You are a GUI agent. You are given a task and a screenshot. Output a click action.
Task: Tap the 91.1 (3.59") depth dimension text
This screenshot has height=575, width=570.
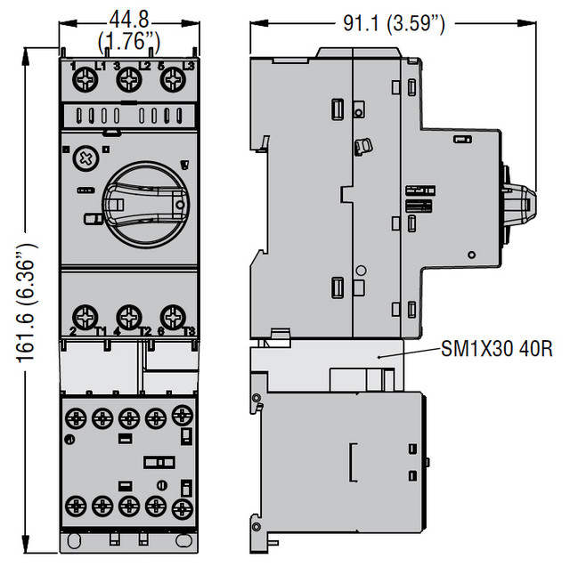394,23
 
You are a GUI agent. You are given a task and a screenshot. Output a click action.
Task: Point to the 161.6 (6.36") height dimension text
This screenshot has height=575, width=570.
27,303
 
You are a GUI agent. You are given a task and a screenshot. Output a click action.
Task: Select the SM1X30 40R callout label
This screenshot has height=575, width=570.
497,348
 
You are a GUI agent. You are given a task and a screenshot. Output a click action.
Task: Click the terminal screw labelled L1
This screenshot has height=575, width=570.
85,79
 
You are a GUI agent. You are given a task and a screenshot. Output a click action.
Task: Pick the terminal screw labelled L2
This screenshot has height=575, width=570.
129,79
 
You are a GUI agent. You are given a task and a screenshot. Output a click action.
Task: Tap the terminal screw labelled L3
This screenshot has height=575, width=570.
173,79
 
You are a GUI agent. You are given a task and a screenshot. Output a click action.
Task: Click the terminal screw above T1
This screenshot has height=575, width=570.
85,317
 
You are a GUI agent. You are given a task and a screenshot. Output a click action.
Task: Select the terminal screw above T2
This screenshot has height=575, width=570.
129,317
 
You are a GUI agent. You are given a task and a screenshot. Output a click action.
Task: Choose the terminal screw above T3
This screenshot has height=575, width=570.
173,317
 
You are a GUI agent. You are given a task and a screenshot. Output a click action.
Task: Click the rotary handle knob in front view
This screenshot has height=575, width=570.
146,205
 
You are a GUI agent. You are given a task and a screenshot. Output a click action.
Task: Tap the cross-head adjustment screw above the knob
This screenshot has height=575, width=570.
86,158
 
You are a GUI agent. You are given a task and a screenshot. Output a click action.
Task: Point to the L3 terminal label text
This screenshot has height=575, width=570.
189,66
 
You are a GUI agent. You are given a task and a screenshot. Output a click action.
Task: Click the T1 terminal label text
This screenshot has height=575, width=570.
101,331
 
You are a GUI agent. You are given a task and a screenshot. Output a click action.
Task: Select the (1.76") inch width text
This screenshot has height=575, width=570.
129,41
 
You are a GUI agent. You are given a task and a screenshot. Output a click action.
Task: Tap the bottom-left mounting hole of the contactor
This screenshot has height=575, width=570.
73,540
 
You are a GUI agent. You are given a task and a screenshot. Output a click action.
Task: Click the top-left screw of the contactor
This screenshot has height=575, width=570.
76,418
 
